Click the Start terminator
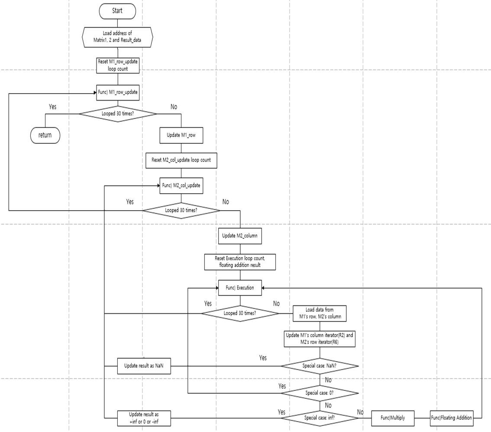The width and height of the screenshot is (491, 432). [x=117, y=11]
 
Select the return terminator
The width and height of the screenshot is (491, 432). [x=45, y=135]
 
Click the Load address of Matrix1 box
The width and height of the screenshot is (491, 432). [x=117, y=37]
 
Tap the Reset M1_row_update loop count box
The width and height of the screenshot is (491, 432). [x=117, y=65]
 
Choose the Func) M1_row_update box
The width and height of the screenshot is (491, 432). [x=117, y=92]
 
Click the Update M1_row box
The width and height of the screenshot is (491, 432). [x=181, y=135]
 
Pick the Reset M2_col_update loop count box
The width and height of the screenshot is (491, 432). [x=181, y=160]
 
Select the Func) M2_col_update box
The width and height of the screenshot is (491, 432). [x=181, y=185]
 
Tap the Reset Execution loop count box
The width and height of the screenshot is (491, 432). [x=239, y=262]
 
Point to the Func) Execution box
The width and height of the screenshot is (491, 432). [x=239, y=287]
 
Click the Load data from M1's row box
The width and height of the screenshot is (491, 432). [x=320, y=312]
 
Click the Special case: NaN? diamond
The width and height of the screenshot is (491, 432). [x=320, y=366]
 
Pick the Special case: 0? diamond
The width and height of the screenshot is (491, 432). [x=320, y=393]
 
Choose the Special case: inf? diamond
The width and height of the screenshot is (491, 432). [x=320, y=418]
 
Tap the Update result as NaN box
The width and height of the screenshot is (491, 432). [x=144, y=366]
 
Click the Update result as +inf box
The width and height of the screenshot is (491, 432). [x=144, y=418]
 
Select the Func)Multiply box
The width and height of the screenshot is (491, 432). [x=393, y=418]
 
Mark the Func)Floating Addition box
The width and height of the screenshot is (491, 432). [x=451, y=418]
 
